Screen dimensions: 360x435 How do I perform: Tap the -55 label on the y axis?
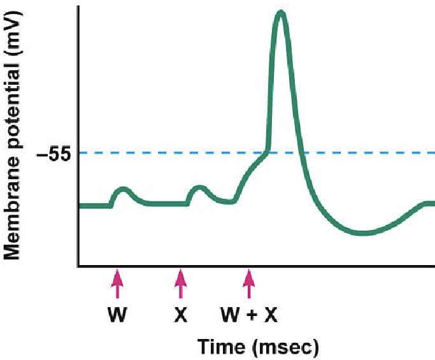tap(56, 154)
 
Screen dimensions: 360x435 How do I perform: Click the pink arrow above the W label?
tap(117, 284)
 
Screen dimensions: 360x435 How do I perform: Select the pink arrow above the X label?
tap(181, 284)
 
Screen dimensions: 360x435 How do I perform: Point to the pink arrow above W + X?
tap(249, 284)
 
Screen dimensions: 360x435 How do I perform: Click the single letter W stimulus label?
tap(117, 315)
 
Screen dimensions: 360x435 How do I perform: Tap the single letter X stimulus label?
tap(181, 315)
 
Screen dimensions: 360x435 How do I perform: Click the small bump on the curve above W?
tap(123, 189)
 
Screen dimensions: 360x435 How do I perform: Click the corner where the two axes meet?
tap(78, 266)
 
